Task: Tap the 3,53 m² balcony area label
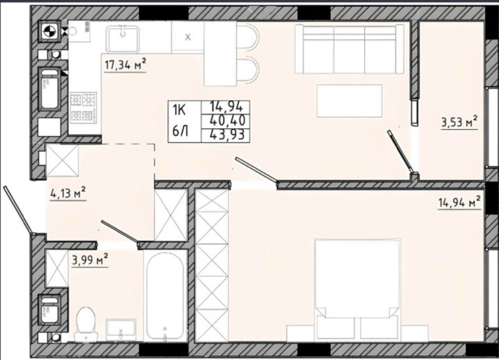[x=459, y=122]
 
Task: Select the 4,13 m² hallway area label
[x=68, y=193]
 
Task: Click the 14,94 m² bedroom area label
[x=459, y=203]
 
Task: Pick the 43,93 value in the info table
[x=227, y=135]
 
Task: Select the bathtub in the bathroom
[x=165, y=297]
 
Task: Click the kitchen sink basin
[x=123, y=39]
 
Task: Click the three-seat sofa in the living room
[x=349, y=49]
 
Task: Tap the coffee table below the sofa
[x=349, y=100]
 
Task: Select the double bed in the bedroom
[x=357, y=289]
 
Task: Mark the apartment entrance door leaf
[x=18, y=210]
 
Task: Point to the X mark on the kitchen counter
[x=188, y=37]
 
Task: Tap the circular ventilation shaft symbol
[x=50, y=31]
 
